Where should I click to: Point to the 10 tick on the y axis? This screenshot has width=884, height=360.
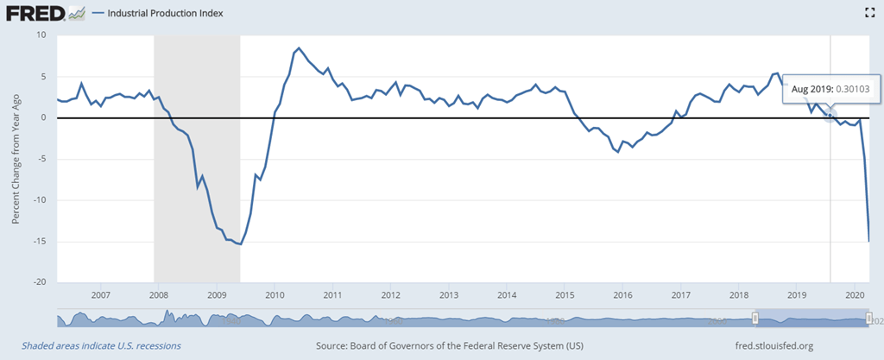click(x=40, y=35)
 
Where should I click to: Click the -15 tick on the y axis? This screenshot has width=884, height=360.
click(x=38, y=242)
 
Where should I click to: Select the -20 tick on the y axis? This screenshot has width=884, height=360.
click(x=38, y=282)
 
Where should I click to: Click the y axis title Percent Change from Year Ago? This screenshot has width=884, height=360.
click(x=16, y=159)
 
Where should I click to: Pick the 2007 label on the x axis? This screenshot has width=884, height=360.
click(x=100, y=294)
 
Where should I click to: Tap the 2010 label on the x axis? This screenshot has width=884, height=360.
click(x=275, y=294)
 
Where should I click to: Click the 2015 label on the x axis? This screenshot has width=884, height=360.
click(x=565, y=294)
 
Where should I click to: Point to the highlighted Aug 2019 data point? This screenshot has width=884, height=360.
click(x=830, y=115)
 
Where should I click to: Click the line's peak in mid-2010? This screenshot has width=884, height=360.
click(x=299, y=48)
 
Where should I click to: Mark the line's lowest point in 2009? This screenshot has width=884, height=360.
click(x=240, y=244)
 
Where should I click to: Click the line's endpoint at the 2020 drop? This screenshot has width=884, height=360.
click(x=868, y=241)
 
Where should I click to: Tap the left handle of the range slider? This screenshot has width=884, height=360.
click(x=755, y=319)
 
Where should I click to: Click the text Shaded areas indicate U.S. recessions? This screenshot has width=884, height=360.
click(x=97, y=345)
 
